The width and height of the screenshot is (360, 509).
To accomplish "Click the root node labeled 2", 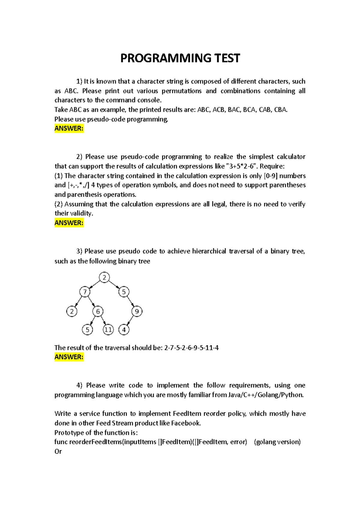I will pyautogui.click(x=104, y=277).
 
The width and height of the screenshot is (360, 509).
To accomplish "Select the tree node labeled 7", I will pyautogui.click(x=85, y=292).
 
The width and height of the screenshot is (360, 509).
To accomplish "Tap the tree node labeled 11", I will pyautogui.click(x=108, y=330).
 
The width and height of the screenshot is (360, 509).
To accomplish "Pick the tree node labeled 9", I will pyautogui.click(x=137, y=311).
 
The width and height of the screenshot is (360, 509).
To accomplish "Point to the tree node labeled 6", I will pyautogui.click(x=98, y=311).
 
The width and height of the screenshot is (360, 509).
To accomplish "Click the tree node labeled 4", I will pyautogui.click(x=124, y=330).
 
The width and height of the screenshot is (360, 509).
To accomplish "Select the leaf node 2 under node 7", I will pyautogui.click(x=72, y=311).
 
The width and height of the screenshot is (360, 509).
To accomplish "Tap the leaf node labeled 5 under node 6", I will pyautogui.click(x=87, y=330).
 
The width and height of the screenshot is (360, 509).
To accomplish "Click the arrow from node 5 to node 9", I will pyautogui.click(x=130, y=302).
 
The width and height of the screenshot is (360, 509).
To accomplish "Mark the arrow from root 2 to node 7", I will pyautogui.click(x=95, y=284).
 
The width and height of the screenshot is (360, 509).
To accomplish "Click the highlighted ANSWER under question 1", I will pyautogui.click(x=69, y=129).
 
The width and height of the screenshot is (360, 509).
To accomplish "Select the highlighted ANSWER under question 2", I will pyautogui.click(x=69, y=223).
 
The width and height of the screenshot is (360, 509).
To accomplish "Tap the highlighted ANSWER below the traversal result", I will pyautogui.click(x=69, y=357).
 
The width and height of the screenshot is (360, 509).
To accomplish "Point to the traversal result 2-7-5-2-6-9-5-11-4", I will pyautogui.click(x=191, y=348).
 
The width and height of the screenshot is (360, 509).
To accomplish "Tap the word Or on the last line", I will pyautogui.click(x=58, y=451).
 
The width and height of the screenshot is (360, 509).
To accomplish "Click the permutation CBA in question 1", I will pyautogui.click(x=280, y=110).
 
